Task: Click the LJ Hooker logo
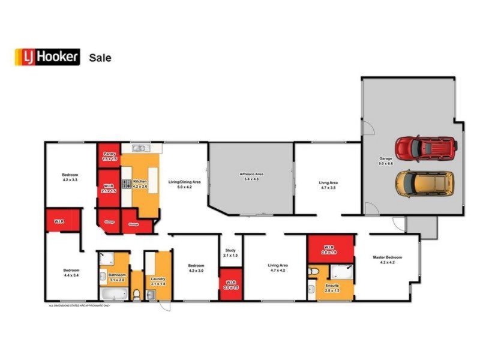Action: coord(47,57)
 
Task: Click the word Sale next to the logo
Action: coord(100,58)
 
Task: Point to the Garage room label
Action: coord(386,160)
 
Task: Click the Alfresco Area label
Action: coord(251,176)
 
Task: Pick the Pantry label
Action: coord(109,156)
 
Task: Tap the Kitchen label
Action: coord(140,184)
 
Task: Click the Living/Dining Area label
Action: coord(184,184)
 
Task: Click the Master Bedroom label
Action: coord(387,260)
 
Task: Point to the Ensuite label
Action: coord(332,287)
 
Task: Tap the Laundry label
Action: coord(158,281)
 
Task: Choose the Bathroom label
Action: coord(116,277)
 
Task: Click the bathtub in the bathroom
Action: coord(113,295)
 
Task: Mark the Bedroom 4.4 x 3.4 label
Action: coord(71,273)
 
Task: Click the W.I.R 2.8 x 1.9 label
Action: coord(328,249)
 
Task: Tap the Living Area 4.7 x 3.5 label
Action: coord(328,185)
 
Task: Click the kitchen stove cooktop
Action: coord(127,184)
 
